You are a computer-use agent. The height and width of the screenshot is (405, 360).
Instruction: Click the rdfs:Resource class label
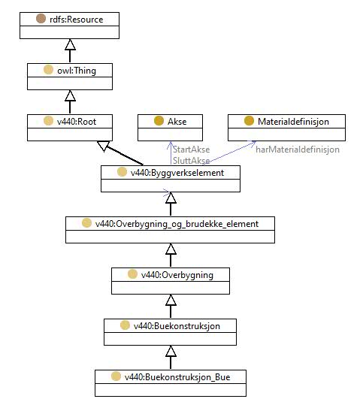coord(77,20)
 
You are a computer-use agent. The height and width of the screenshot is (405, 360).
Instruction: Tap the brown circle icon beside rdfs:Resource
coord(41,19)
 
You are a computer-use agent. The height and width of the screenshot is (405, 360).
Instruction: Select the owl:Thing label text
coord(77,71)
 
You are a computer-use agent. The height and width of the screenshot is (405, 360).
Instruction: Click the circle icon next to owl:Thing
coord(48,70)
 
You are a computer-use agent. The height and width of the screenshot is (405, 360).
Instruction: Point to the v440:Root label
coord(77,122)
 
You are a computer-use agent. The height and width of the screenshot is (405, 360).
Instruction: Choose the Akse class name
coord(177,122)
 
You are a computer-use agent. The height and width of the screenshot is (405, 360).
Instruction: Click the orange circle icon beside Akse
coord(159,121)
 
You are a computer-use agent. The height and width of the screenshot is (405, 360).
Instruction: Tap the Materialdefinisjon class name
coord(293,122)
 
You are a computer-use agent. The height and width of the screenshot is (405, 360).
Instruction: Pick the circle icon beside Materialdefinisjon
coord(249,121)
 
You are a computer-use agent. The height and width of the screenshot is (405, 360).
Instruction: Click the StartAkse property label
coord(191,150)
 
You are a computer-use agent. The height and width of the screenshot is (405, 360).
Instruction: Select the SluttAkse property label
coord(191,161)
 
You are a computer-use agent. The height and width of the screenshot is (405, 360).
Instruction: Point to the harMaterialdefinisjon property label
coord(298,150)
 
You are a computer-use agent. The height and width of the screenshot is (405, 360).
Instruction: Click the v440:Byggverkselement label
coord(177,173)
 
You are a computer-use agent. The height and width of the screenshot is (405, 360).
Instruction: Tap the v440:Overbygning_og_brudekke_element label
coord(177,224)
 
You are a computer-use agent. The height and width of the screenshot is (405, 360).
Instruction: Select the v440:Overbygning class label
coord(177,275)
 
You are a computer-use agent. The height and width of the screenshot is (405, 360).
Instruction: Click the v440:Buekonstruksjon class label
coord(177,326)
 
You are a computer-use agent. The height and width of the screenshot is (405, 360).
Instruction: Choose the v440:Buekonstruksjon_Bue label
coord(177,377)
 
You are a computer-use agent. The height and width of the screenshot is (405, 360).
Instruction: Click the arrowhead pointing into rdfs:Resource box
coord(70,44)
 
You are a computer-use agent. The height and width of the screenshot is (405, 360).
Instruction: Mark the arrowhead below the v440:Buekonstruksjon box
coord(171,352)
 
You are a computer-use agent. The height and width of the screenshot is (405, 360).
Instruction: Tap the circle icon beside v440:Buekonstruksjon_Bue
coord(116,376)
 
